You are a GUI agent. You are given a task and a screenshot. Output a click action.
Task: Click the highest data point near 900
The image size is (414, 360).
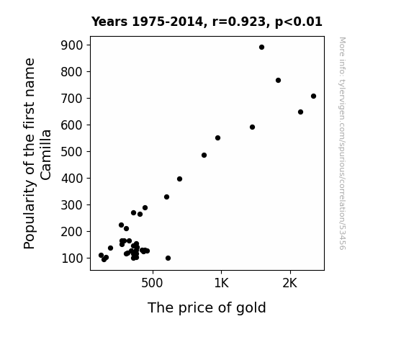[261, 48]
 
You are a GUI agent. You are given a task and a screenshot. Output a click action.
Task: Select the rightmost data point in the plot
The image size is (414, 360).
[313, 96]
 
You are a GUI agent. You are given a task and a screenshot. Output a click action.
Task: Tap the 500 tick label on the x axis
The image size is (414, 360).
[152, 283]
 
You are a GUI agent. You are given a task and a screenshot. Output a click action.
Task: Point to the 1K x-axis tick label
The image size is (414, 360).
[221, 283]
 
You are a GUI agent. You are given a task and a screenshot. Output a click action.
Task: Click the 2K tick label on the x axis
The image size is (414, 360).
[290, 283]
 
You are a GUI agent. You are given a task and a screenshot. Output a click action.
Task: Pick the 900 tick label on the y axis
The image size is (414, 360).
[72, 45]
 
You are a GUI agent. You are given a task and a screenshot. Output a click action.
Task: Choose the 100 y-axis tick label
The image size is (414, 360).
[72, 258]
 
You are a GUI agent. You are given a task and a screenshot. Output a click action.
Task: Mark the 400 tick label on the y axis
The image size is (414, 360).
[72, 179]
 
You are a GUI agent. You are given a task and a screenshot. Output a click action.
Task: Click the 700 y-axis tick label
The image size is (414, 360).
[72, 99]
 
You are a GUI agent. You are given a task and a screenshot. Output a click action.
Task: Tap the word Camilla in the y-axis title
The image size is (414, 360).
[45, 155]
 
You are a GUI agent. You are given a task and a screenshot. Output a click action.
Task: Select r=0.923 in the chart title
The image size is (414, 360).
[239, 22]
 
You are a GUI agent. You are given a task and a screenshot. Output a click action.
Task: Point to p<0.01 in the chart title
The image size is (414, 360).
[299, 22]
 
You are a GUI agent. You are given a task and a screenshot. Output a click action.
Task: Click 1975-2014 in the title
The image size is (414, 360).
[167, 22]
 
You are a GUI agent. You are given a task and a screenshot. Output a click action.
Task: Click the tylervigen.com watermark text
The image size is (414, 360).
[342, 144]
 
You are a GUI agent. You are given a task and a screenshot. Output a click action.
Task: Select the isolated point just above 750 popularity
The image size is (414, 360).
[278, 81]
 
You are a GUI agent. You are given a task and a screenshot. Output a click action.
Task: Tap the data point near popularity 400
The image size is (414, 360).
[179, 179]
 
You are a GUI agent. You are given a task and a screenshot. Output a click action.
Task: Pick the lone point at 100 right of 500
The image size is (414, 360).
[168, 258]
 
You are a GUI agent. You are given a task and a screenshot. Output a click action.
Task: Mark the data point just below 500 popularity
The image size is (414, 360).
[204, 156]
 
